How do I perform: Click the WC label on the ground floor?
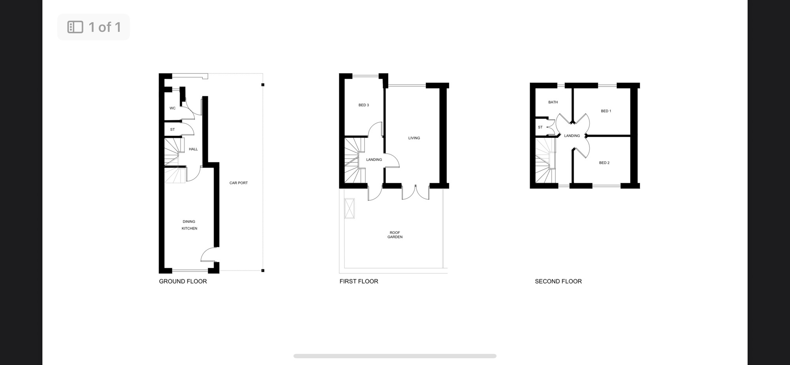(x=173, y=108)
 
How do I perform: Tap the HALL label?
(x=193, y=149)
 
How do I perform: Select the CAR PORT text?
(x=239, y=183)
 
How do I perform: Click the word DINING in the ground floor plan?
(x=189, y=222)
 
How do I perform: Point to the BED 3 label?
(x=364, y=105)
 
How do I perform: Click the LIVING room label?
(x=414, y=138)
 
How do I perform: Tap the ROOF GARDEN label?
(x=395, y=235)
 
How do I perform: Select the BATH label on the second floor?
(x=553, y=102)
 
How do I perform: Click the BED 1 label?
(x=606, y=111)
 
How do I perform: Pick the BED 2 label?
(x=604, y=163)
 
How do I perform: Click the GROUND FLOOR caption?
(x=183, y=281)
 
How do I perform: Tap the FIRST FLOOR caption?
(x=359, y=281)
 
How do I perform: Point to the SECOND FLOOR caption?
(x=558, y=281)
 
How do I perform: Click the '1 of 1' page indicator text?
(x=105, y=27)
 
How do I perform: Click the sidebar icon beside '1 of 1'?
(x=75, y=27)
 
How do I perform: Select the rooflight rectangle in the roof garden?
(x=350, y=208)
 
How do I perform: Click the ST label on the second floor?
(x=540, y=127)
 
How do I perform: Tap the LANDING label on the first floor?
(x=374, y=160)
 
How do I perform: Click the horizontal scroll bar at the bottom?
(x=395, y=356)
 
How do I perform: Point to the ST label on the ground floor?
(x=172, y=130)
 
